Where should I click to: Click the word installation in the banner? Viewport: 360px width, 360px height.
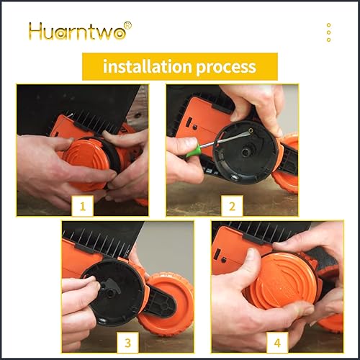tap(148, 67)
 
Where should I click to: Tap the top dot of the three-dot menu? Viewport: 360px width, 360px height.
tap(328, 25)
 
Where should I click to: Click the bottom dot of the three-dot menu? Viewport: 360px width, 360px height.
tap(328, 40)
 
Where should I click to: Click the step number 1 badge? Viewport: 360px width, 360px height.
tap(82, 207)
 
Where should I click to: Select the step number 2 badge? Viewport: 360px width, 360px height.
tap(232, 207)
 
